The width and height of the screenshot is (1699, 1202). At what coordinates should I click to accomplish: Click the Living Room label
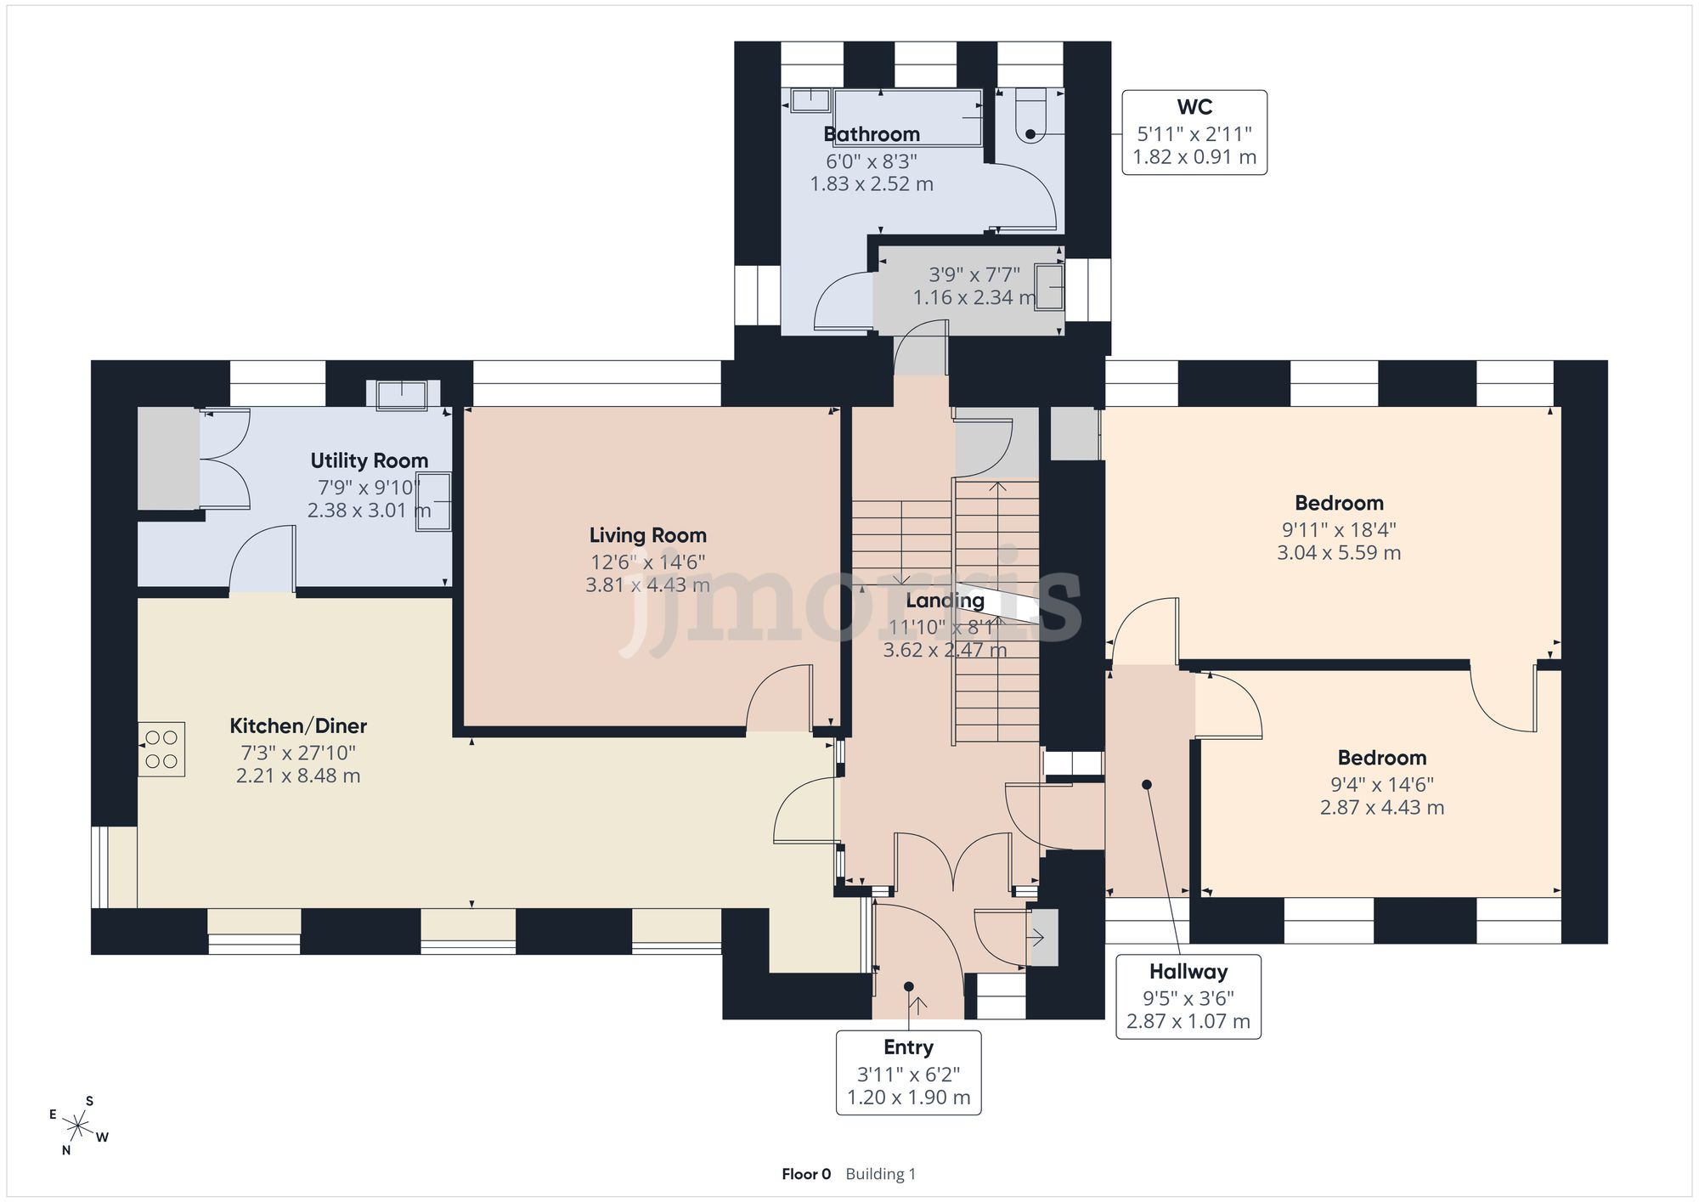(648, 535)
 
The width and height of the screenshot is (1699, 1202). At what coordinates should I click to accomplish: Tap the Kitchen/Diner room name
(298, 725)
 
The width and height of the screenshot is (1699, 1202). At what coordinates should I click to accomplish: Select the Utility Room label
(370, 460)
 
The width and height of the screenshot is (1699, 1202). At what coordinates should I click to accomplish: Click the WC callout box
(1194, 133)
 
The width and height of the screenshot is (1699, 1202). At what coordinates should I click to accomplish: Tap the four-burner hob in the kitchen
(161, 749)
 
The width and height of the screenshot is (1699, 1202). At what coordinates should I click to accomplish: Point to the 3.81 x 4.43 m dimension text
(648, 584)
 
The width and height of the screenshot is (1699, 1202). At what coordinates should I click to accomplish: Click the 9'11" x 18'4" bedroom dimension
(1339, 529)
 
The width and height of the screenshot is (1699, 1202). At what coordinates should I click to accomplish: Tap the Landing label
(945, 601)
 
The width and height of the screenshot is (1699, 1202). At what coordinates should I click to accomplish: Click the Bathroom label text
(872, 134)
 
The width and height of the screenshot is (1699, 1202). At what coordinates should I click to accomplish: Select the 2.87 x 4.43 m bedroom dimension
(1382, 807)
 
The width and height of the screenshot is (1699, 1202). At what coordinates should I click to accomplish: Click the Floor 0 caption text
(806, 1174)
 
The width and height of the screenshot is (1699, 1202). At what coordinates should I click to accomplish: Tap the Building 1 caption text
(881, 1174)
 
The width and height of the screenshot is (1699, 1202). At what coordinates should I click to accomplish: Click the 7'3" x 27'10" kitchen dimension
(298, 753)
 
